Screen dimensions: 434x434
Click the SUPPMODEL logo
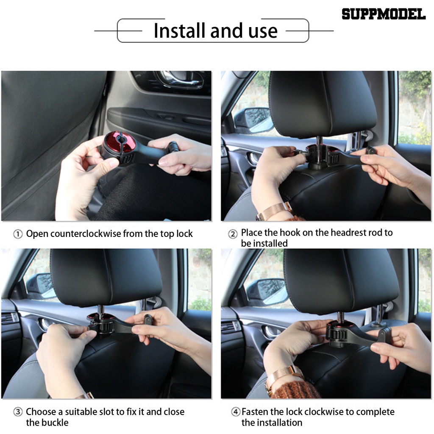point(384,14)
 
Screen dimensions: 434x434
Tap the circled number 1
point(18,234)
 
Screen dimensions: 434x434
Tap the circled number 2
point(233,234)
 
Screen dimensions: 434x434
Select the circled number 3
point(18,412)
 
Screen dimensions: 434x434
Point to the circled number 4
point(235,412)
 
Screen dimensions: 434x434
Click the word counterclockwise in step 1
point(86,234)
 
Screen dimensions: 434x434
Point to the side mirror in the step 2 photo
point(254,121)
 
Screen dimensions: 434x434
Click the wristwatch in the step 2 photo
point(274,211)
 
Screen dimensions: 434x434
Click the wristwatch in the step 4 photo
point(284,377)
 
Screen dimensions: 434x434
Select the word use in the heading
point(263,31)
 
